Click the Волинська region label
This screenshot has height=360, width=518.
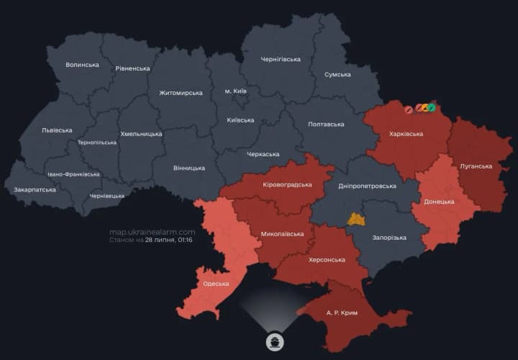[x=82, y=65]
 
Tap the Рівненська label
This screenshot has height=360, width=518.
[x=132, y=68]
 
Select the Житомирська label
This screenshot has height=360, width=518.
[x=181, y=93]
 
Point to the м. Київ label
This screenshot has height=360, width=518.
[x=236, y=91]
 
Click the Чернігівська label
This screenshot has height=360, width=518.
[x=281, y=59]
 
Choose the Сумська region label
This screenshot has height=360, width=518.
[x=337, y=74]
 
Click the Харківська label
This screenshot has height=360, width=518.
[x=406, y=134]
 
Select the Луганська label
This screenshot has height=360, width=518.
[x=476, y=166]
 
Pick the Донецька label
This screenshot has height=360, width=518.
[x=439, y=202]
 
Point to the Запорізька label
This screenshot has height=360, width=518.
[x=389, y=238]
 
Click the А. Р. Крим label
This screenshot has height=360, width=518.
[x=342, y=313]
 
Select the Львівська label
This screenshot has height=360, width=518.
[x=57, y=130]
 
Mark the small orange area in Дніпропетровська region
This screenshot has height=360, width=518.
[x=356, y=219]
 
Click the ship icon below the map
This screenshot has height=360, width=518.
[x=275, y=341]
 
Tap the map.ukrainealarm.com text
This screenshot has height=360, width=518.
[x=152, y=232]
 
